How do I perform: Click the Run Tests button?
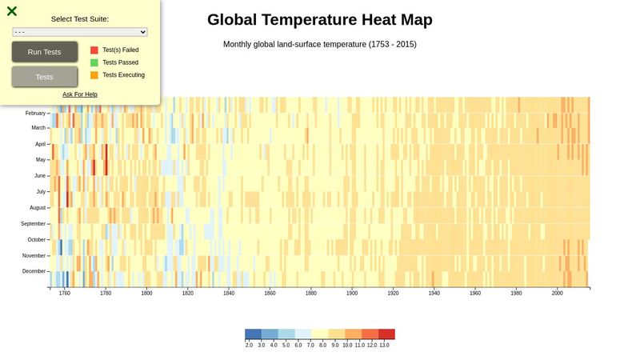click(x=44, y=52)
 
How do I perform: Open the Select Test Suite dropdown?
click(x=80, y=32)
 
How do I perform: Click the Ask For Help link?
click(x=80, y=94)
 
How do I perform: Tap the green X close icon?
click(x=12, y=11)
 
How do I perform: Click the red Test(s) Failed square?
click(x=94, y=50)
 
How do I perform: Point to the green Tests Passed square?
click(x=94, y=62)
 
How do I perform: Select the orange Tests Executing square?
click(x=94, y=75)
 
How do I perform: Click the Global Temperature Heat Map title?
click(x=320, y=20)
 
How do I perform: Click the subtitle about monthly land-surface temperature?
click(x=320, y=44)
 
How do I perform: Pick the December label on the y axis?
click(x=34, y=271)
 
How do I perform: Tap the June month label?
click(x=39, y=175)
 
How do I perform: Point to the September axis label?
click(x=34, y=223)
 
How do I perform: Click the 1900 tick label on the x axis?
click(x=352, y=294)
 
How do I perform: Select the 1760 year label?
click(x=65, y=294)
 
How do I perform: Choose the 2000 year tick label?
click(x=558, y=294)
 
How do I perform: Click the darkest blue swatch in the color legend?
click(x=253, y=334)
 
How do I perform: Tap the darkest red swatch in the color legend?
click(x=386, y=334)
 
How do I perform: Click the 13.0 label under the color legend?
click(x=384, y=345)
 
